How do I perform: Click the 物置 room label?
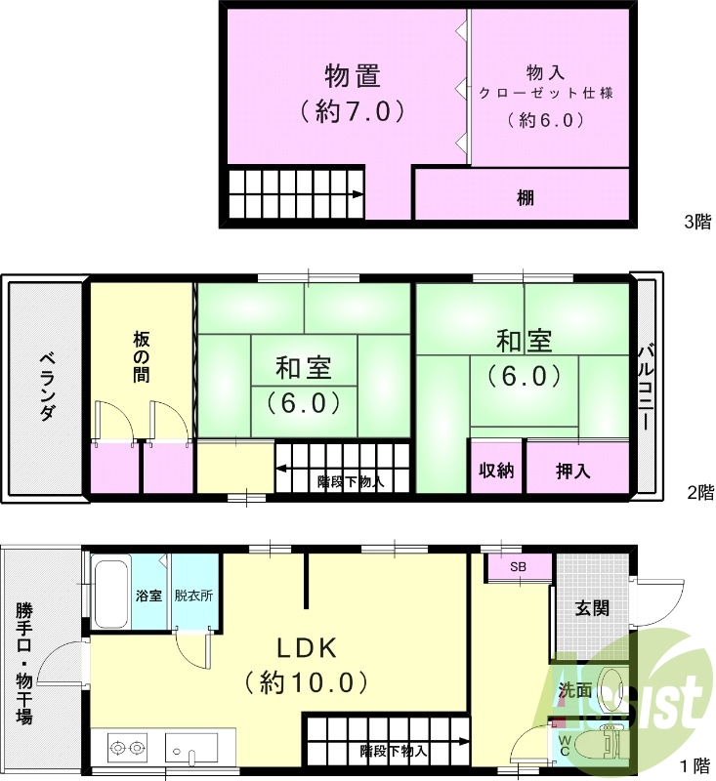(x=353, y=76)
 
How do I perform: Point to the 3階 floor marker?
(x=697, y=222)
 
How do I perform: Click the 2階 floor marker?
(x=697, y=492)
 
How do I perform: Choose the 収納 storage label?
(x=496, y=470)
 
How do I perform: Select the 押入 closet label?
(x=572, y=471)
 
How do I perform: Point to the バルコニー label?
(x=646, y=387)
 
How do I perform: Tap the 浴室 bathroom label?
(x=148, y=595)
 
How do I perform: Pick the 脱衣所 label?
(x=193, y=595)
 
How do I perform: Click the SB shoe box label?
(x=518, y=567)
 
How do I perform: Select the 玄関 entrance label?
(x=592, y=608)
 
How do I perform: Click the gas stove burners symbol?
(x=127, y=749)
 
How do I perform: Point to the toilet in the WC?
(x=597, y=747)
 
